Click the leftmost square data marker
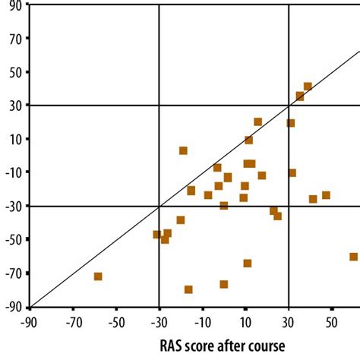(x=98, y=276)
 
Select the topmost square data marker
(x=308, y=87)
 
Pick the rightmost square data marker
(x=354, y=257)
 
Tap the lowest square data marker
(x=188, y=289)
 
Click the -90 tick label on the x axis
(x=30, y=322)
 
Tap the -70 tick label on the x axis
(x=73, y=322)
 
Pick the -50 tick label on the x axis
(x=115, y=322)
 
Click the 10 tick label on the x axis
(x=245, y=322)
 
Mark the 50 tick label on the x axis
(x=331, y=322)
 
